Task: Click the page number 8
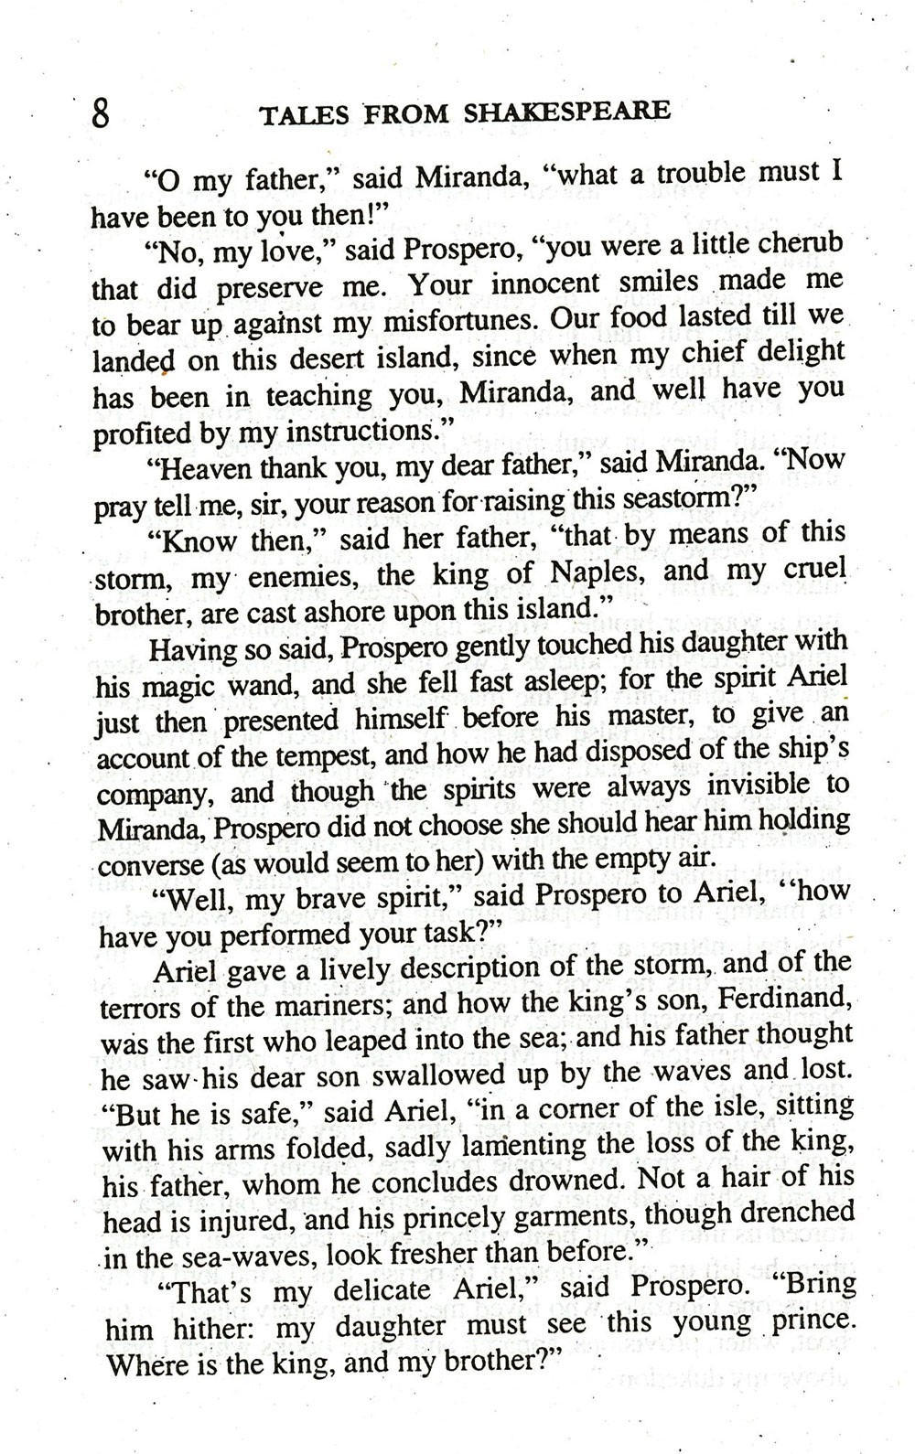[101, 117]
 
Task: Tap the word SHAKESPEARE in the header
[566, 112]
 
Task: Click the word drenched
[792, 1213]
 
